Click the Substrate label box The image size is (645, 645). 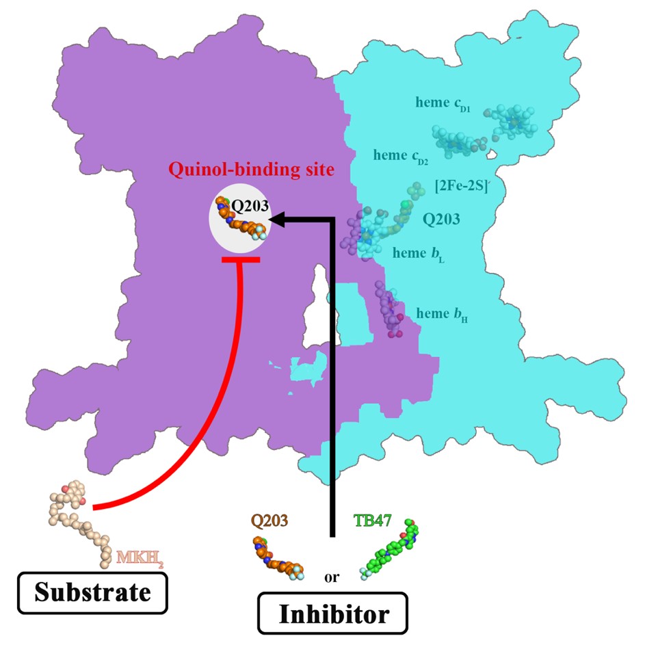(x=92, y=592)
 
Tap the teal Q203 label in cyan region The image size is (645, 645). (x=441, y=220)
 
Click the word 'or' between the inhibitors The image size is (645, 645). (x=331, y=577)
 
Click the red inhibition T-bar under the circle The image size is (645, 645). (x=240, y=261)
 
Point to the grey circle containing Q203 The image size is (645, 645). (x=239, y=218)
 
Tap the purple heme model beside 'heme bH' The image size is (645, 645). (x=391, y=311)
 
